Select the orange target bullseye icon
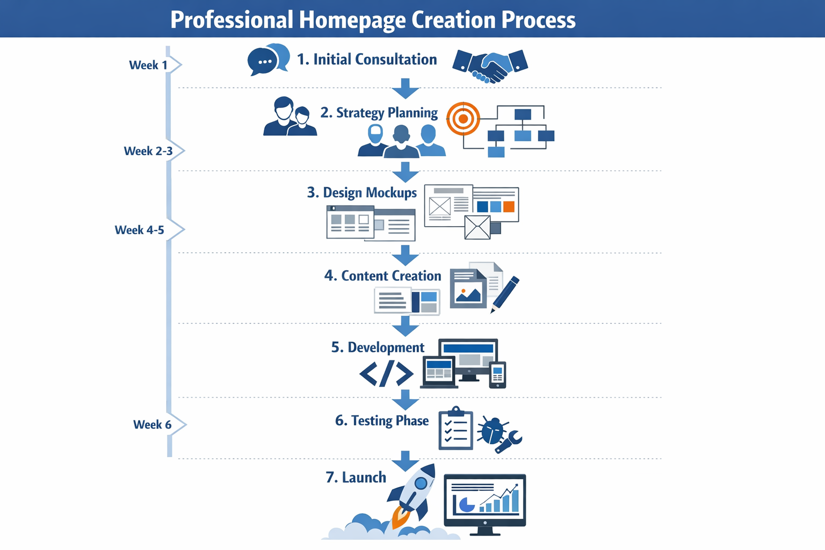(463, 119)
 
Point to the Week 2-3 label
(148, 151)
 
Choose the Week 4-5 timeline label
(140, 230)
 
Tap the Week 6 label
(153, 424)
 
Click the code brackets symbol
(386, 374)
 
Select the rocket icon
(412, 495)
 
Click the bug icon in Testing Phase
(491, 430)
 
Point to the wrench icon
(509, 442)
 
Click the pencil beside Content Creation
(505, 294)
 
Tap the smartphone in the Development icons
(497, 375)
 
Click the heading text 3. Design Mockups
(361, 193)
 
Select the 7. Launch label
(356, 477)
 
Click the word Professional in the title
(231, 20)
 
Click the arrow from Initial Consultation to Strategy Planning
(406, 88)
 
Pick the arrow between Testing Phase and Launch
(406, 461)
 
